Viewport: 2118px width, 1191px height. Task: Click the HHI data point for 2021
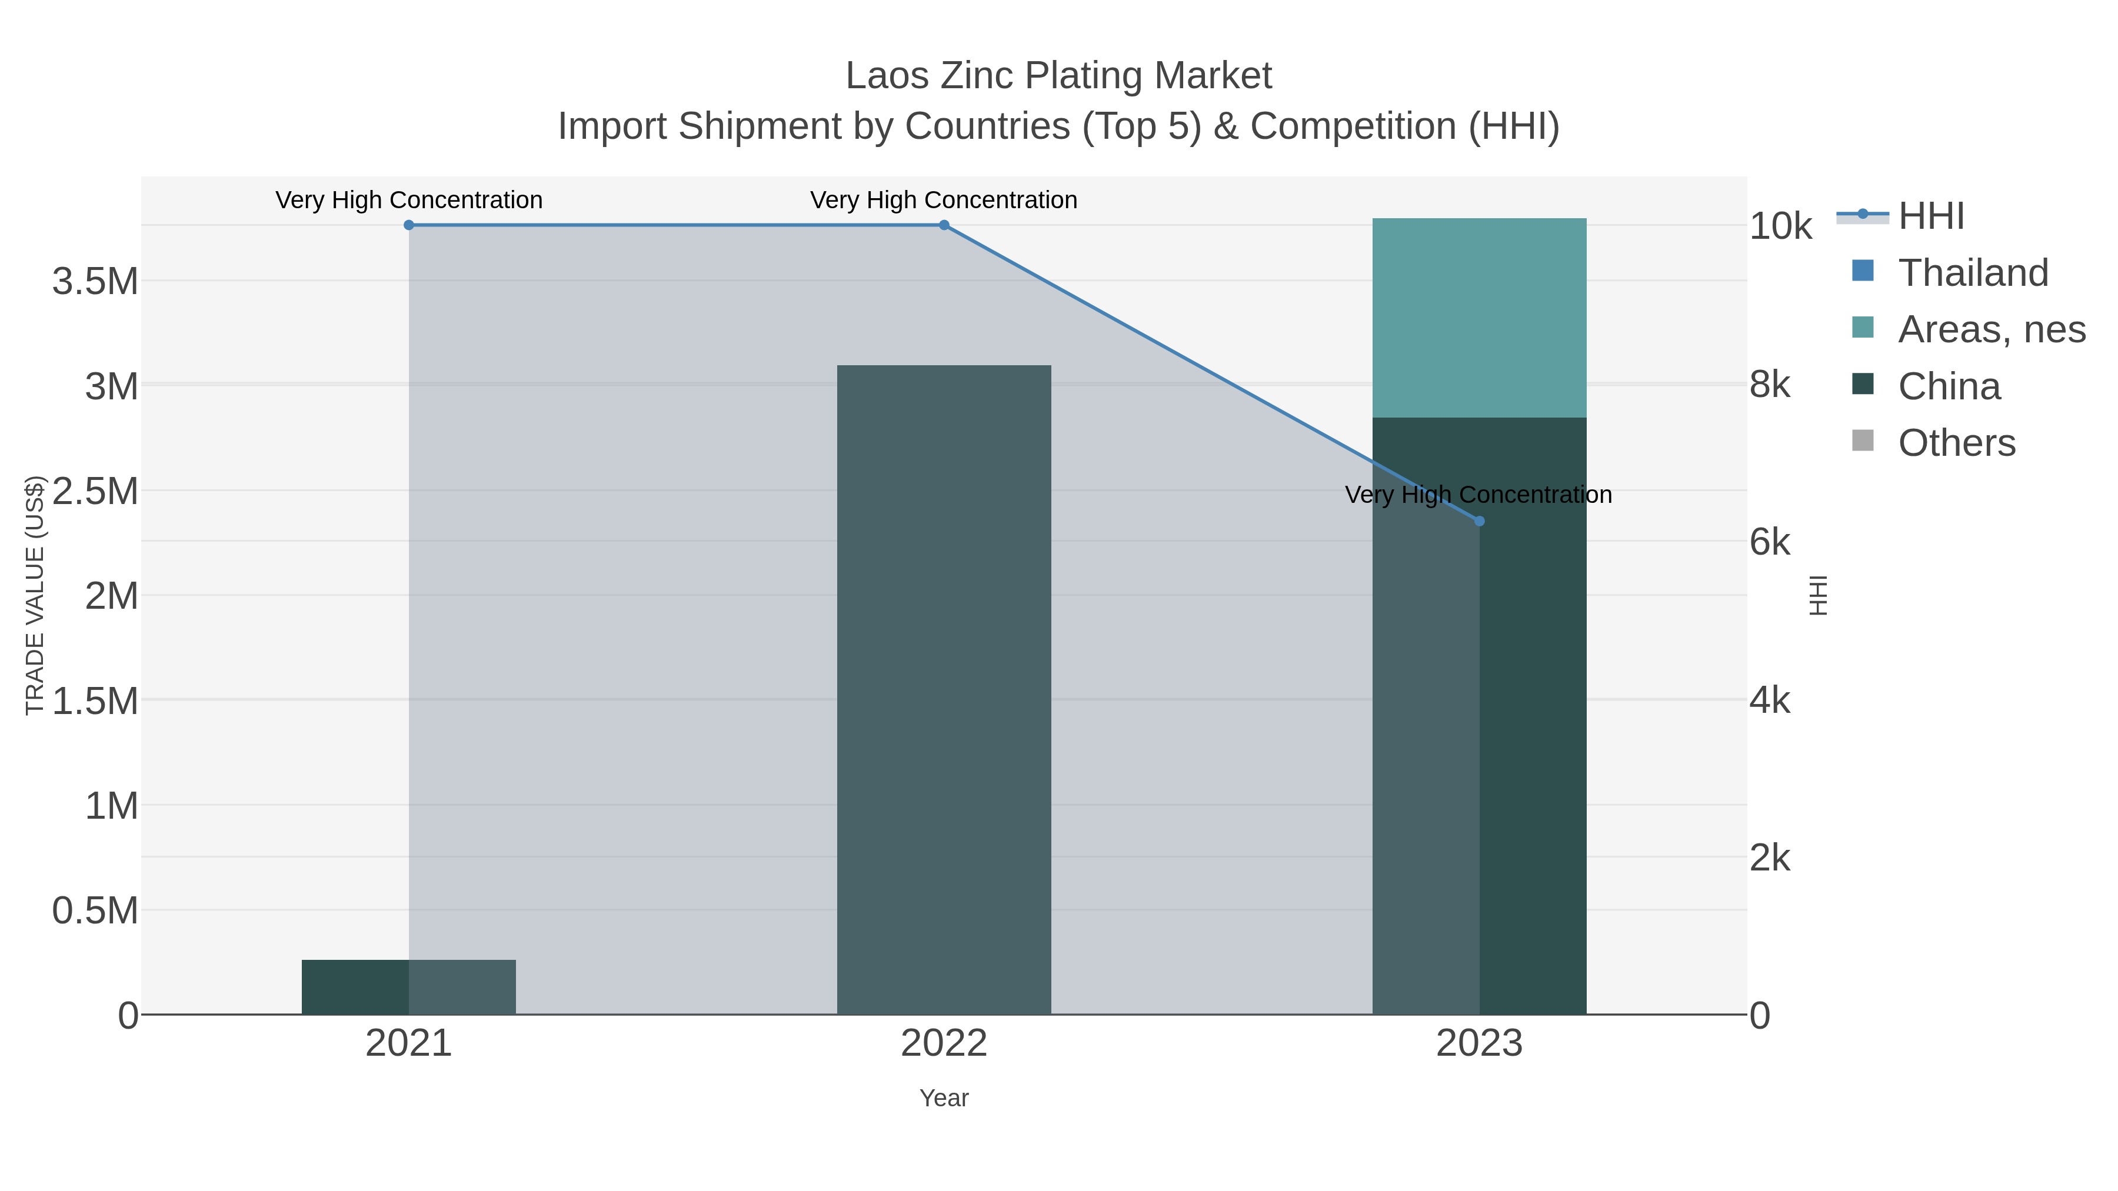(x=409, y=225)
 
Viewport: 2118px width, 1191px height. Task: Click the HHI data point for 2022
(x=944, y=225)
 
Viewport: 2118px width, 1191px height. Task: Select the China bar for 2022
(x=944, y=690)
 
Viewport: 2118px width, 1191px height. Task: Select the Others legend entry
(x=1956, y=443)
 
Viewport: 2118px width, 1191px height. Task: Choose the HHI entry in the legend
(x=1930, y=216)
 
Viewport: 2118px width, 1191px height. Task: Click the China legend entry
(x=1949, y=386)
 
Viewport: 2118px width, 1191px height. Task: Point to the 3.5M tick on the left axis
(x=95, y=282)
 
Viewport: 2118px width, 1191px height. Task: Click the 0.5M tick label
(x=95, y=910)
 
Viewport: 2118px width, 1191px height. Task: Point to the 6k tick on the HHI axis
(x=1770, y=542)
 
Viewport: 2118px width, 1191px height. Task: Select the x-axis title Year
(x=944, y=1098)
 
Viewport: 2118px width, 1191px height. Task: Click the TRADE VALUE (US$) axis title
(x=35, y=595)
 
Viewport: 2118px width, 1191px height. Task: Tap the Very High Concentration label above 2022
(x=944, y=200)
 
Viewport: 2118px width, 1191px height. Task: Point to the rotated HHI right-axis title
(x=1818, y=595)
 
